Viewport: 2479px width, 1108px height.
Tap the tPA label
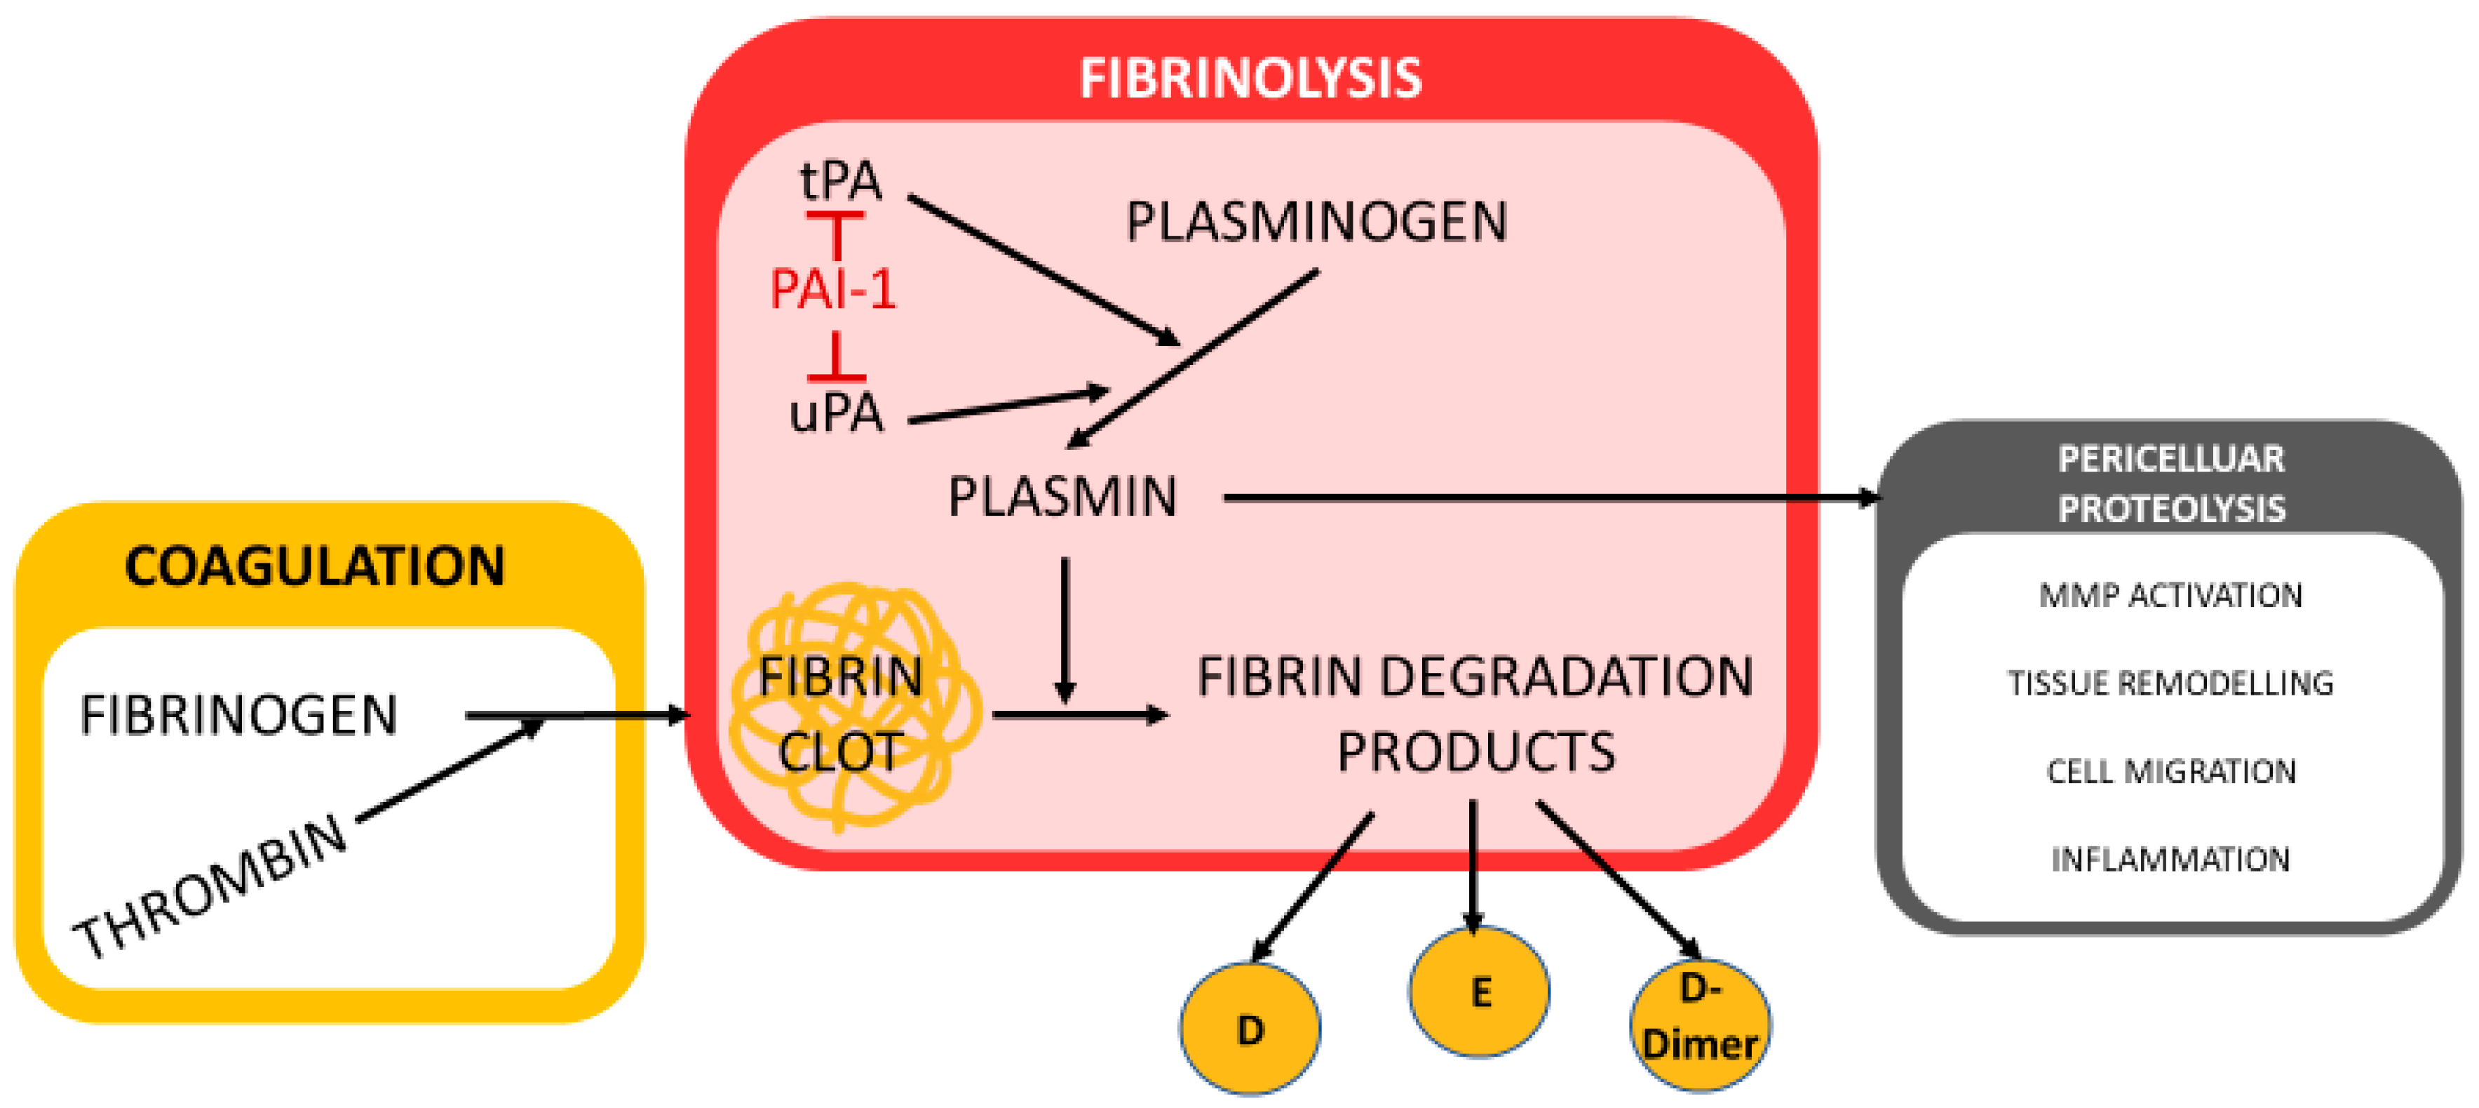pos(840,181)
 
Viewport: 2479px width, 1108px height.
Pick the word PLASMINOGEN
pos(1316,222)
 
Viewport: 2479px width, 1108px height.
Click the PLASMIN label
pos(1062,498)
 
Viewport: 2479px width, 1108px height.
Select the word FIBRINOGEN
pos(238,715)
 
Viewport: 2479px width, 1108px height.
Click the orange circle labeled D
pos(1249,1029)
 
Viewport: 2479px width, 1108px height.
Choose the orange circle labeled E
pos(1479,992)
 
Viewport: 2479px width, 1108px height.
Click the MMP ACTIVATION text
pos(2170,596)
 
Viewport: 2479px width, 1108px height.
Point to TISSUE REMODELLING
pos(2170,683)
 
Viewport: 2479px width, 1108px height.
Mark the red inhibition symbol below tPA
pos(835,231)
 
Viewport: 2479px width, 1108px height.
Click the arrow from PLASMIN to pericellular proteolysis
pos(1540,498)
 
